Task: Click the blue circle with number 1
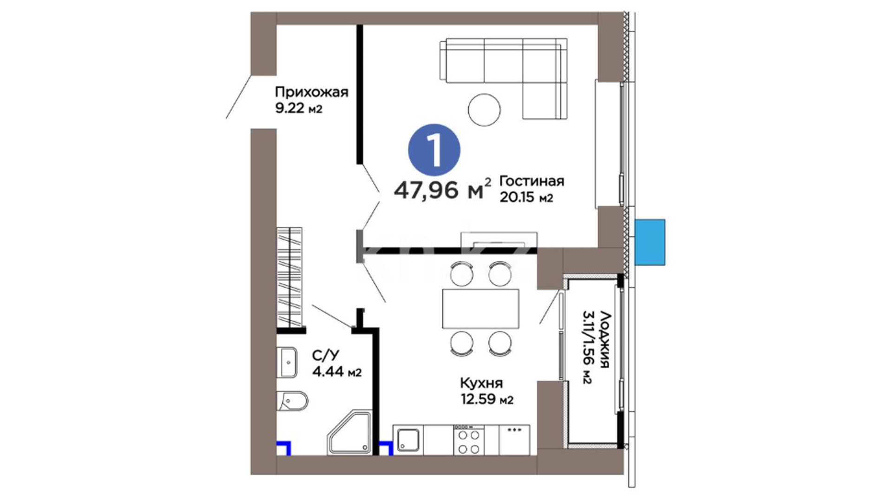click(x=434, y=150)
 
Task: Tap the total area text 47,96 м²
click(x=442, y=189)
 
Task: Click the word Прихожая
click(x=311, y=92)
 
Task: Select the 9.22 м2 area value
click(x=298, y=109)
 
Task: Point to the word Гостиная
click(x=531, y=181)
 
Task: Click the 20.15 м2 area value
click(x=526, y=197)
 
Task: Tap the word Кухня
click(x=481, y=383)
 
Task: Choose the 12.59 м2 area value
click(x=487, y=399)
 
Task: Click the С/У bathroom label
click(x=325, y=356)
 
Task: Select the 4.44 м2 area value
click(x=336, y=372)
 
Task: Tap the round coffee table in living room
click(x=484, y=110)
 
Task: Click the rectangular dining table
click(x=481, y=309)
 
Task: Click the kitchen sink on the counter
click(x=408, y=440)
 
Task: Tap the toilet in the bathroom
click(x=292, y=401)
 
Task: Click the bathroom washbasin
click(x=287, y=363)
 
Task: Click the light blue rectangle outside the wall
click(x=650, y=242)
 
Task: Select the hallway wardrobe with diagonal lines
click(x=289, y=277)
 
